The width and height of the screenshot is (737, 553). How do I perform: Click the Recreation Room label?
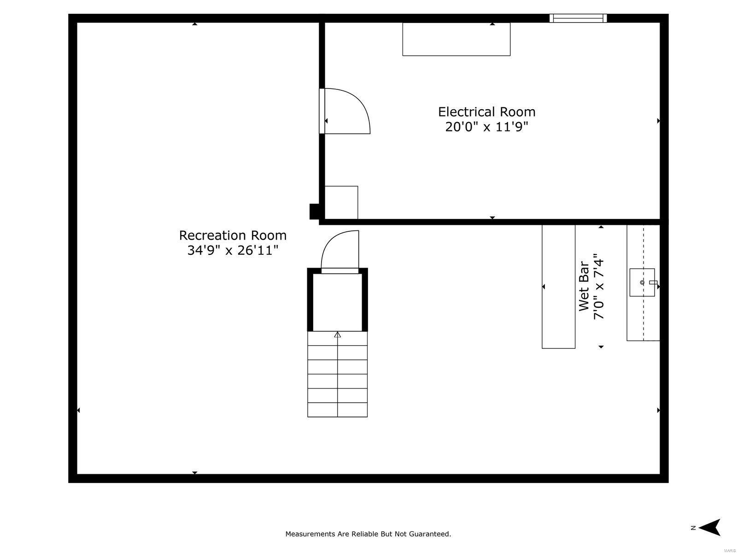[233, 235]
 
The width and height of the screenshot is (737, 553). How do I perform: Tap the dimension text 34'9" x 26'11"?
[233, 251]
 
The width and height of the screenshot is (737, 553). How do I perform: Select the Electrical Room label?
[486, 112]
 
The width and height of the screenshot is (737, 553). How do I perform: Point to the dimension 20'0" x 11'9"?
[486, 127]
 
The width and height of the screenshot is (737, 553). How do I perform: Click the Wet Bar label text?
[584, 286]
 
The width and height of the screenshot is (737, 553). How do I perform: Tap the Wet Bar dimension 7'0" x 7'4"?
[598, 286]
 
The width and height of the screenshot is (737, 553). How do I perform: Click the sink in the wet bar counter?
[642, 282]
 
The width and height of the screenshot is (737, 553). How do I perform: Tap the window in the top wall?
[578, 18]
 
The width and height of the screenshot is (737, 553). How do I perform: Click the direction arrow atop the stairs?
[338, 335]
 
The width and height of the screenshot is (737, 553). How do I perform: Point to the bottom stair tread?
[338, 410]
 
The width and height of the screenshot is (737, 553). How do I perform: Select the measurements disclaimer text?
[368, 534]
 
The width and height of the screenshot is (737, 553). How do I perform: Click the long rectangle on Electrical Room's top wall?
[456, 39]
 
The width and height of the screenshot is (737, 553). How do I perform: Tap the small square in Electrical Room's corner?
[341, 202]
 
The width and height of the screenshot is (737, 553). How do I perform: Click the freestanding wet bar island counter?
[558, 286]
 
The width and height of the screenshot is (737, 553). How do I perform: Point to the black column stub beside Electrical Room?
[314, 211]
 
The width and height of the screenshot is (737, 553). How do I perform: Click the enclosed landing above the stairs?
[338, 302]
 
